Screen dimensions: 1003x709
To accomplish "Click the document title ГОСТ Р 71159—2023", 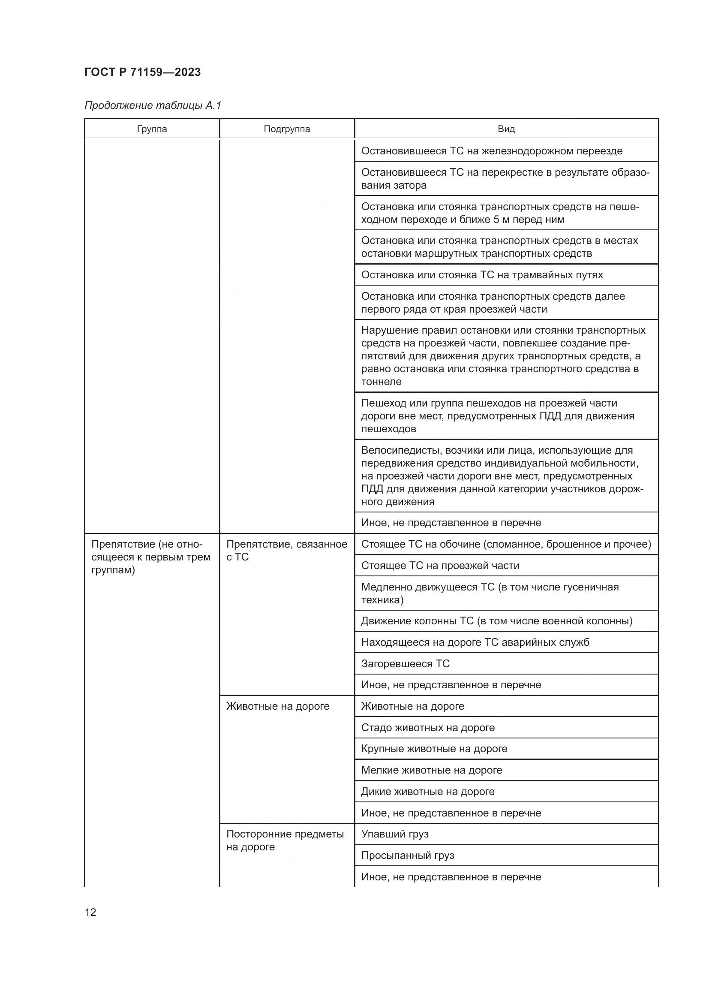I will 142,72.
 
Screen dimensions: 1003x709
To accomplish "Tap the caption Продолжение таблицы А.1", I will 153,105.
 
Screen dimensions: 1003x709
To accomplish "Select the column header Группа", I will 151,129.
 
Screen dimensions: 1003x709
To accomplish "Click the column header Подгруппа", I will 286,129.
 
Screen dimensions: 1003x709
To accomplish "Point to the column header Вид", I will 506,129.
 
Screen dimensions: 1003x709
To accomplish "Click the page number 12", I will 90,912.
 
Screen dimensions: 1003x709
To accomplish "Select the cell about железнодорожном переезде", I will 492,151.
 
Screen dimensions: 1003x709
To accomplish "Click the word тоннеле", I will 381,381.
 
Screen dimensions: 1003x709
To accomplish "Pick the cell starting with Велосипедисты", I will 502,476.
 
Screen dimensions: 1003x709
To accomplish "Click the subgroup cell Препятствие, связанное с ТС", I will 286,551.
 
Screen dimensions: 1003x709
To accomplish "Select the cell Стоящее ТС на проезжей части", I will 440,566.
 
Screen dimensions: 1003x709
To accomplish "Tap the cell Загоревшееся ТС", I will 405,663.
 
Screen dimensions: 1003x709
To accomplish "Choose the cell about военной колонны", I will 496,621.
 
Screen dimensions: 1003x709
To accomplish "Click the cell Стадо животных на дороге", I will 428,727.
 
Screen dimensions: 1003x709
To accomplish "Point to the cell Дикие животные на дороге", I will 427,792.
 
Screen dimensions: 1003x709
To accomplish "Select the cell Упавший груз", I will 395,834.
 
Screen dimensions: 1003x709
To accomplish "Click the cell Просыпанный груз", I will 407,855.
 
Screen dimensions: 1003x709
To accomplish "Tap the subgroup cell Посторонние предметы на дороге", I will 285,840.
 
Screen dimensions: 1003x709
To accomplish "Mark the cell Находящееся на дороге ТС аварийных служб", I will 475,642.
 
